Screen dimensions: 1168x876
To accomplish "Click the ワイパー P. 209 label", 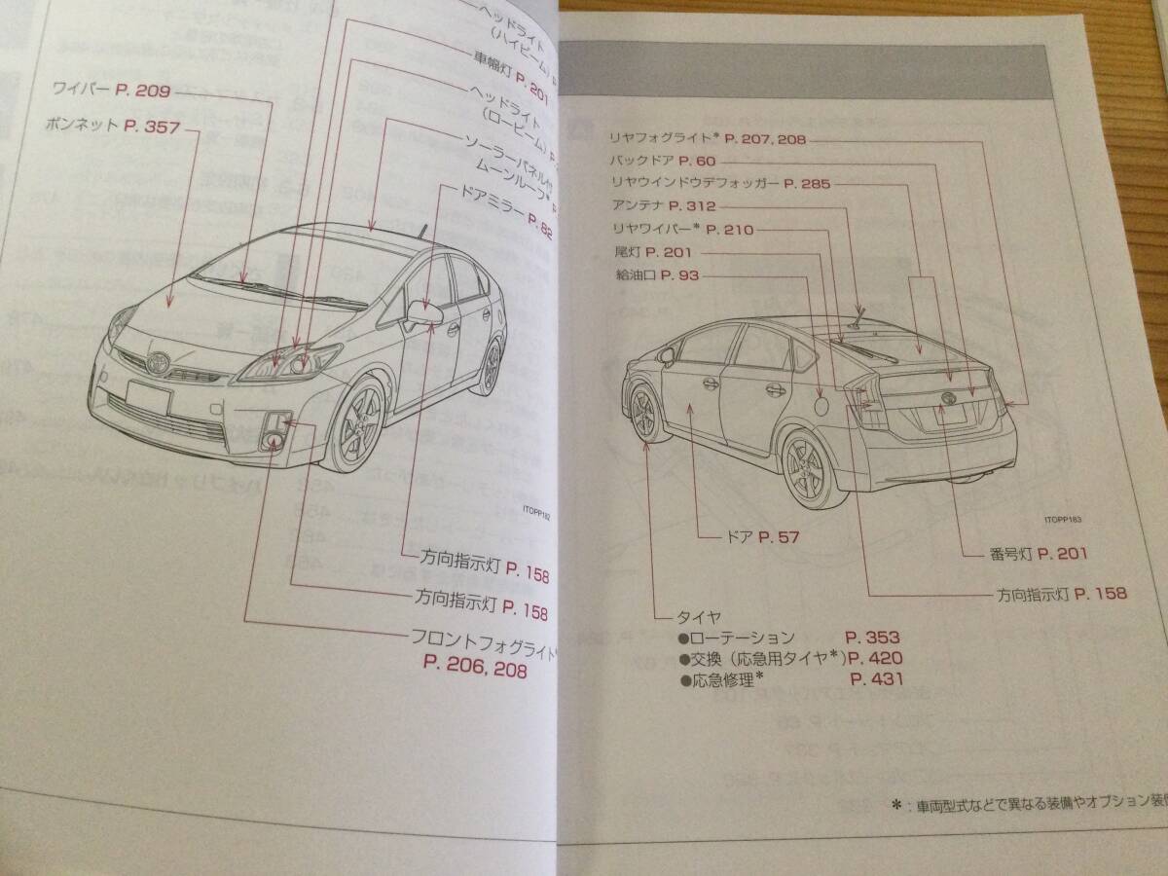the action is pos(114,91).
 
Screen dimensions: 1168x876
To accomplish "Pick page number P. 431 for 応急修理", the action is pos(876,679).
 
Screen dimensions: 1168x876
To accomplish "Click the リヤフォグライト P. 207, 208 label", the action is pos(708,139).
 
